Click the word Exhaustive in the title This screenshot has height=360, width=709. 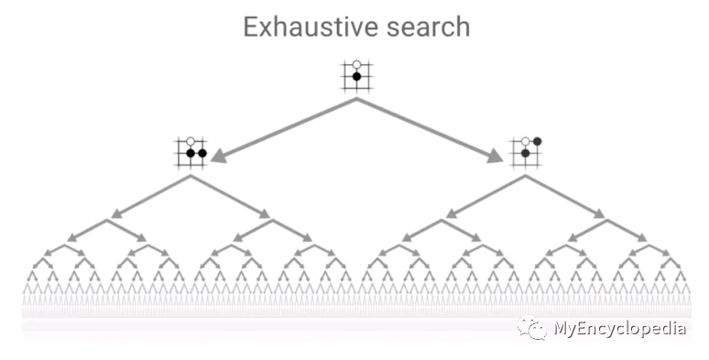pos(303,27)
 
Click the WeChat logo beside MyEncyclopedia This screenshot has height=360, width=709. pos(532,328)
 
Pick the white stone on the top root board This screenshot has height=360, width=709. pos(356,65)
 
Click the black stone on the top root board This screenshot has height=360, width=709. pos(356,77)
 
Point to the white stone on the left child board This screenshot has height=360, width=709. pos(191,142)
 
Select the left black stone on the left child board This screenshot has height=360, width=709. pos(191,154)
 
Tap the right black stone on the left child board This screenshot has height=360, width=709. pos(202,154)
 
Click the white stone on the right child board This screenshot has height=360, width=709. pos(526,142)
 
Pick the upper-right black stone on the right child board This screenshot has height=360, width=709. pos(538,141)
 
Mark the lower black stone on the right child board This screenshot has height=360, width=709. pos(526,154)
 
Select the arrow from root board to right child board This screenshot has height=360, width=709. pos(431,129)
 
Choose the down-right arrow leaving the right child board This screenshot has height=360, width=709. pos(567,197)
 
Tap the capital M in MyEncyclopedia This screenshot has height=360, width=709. pos(561,329)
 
